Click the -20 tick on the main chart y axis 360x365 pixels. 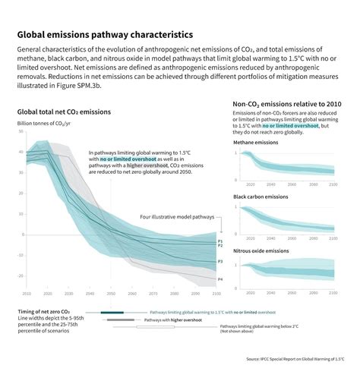[x=20, y=275]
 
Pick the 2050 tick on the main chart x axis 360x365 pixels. [x=109, y=293]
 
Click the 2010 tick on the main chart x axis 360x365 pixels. [x=27, y=293]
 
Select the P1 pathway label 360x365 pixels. [x=220, y=241]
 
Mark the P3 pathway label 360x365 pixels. [x=220, y=261]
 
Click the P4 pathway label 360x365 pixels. [x=220, y=280]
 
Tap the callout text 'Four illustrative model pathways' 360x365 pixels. [x=176, y=217]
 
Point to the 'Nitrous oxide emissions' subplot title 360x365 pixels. [x=262, y=250]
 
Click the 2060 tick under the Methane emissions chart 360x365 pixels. [x=293, y=184]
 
